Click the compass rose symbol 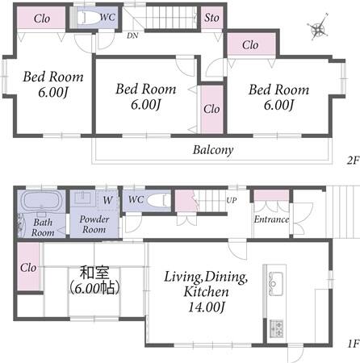[319, 27]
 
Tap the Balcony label [213, 150]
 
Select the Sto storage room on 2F [212, 18]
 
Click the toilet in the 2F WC [88, 18]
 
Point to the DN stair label [132, 35]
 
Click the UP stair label [232, 200]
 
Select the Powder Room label [94, 224]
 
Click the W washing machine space [108, 200]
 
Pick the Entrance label [271, 219]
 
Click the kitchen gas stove [276, 328]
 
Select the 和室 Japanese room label [94, 273]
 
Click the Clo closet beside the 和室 [28, 266]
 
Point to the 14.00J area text [206, 307]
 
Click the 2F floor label [354, 161]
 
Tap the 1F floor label [354, 344]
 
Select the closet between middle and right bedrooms [212, 109]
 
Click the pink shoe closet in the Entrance [271, 195]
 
